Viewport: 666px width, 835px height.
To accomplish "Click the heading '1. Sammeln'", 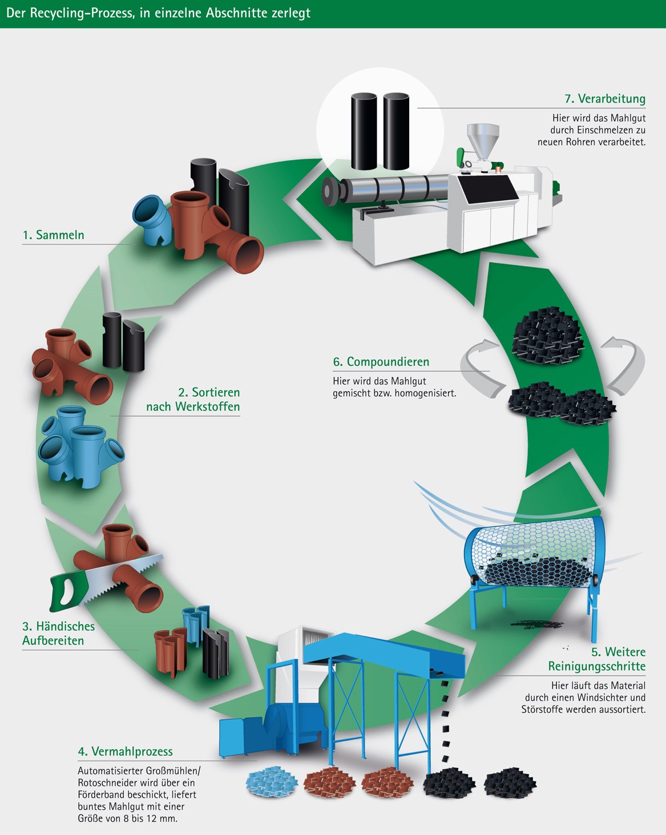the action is point(53,235).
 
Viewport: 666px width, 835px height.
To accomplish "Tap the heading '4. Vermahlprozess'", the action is point(125,751).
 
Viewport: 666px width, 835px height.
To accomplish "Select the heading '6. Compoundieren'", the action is point(381,362).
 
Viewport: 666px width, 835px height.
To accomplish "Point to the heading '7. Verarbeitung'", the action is point(605,99).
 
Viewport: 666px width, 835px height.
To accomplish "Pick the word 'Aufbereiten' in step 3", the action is point(53,640).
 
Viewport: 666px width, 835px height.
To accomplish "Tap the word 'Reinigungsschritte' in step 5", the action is point(597,666).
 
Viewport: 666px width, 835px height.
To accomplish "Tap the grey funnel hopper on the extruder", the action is point(482,140).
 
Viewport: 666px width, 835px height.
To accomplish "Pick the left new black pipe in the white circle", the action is point(364,131).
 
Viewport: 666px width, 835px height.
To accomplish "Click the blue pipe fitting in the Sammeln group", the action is point(152,220).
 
